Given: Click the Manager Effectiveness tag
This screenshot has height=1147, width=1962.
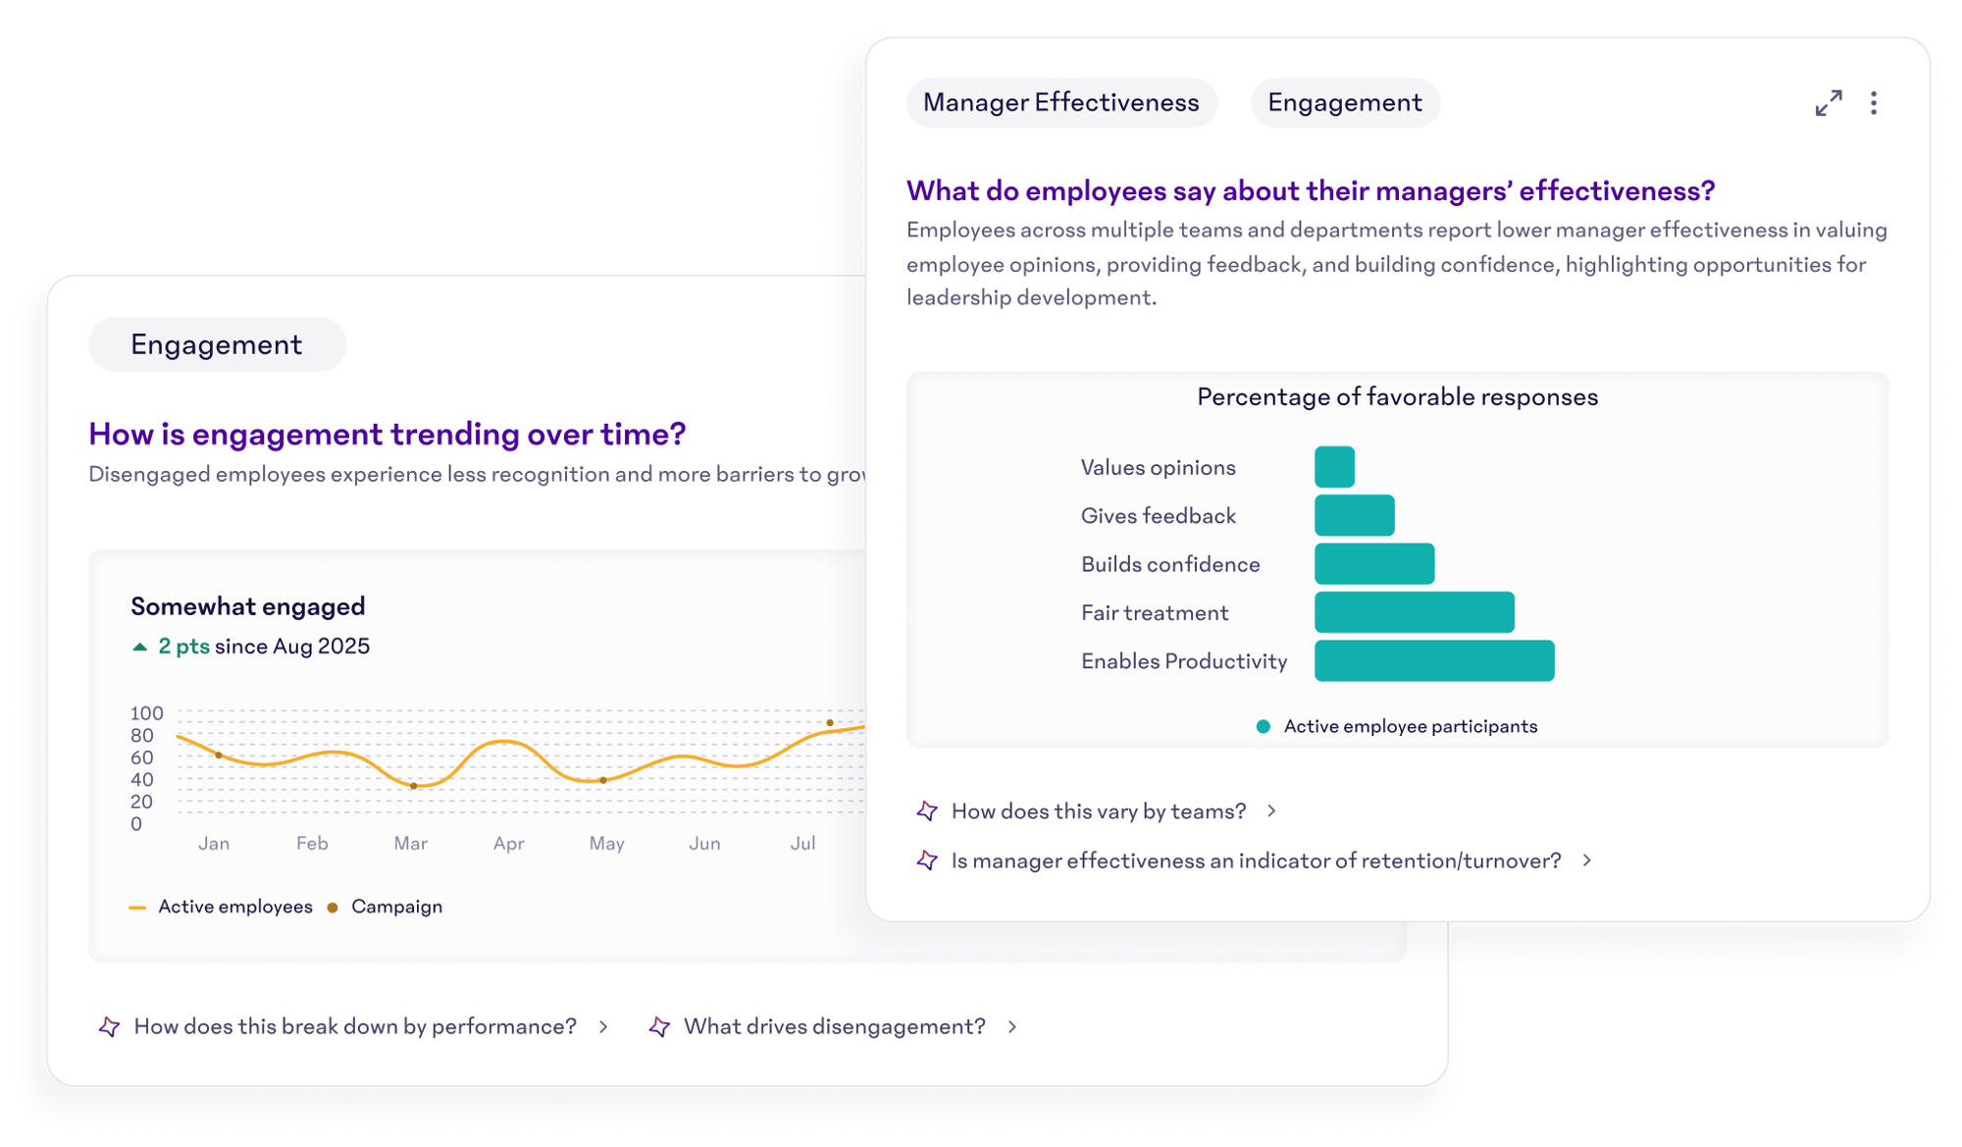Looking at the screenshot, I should pos(1060,103).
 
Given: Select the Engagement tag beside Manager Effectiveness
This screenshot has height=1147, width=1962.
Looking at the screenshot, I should pos(1344,103).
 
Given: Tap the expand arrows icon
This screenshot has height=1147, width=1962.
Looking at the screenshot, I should pos(1828,103).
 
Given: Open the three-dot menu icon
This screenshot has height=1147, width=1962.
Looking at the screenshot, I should pos(1874,103).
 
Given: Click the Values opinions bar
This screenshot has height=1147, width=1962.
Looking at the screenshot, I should pos(1334,467).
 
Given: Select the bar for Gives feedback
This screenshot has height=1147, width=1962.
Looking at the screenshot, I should pos(1354,515).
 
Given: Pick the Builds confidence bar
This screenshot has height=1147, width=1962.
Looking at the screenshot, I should pos(1374,564).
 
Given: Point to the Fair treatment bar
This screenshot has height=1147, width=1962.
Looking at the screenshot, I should pos(1414,612).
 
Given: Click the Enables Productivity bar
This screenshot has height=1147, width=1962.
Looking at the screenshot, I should pos(1434,660).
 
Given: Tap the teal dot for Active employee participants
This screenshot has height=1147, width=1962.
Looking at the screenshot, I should pos(1264,727).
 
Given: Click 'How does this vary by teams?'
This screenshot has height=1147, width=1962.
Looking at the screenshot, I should pos(1099,811).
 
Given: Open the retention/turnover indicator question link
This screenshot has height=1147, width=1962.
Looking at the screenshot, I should pos(1256,860).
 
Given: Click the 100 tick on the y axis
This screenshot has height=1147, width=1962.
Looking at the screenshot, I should pos(147,713).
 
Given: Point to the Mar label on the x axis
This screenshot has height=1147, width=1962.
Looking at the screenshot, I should pos(410,844).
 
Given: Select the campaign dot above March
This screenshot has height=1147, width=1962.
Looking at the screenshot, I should pos(414,786).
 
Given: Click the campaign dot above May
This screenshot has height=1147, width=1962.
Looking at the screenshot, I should pos(603,780).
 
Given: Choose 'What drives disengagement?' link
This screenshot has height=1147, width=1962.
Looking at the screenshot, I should pos(834,1026).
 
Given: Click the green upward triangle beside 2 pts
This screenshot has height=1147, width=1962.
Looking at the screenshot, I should pos(139,647).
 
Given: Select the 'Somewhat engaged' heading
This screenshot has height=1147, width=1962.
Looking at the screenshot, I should pos(247,606).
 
